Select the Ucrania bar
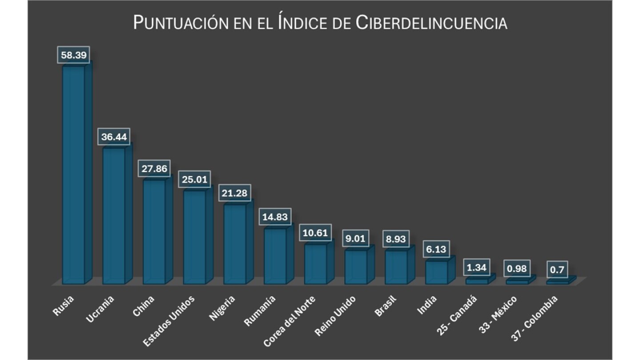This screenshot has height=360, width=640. (114, 216)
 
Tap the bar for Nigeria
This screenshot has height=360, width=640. (235, 244)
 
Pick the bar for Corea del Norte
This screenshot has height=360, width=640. (316, 264)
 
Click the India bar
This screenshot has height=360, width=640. (436, 272)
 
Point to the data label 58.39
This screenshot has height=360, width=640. (74, 55)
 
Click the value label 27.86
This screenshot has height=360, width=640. (154, 169)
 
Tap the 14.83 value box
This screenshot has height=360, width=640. (275, 217)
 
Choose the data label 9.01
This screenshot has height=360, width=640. (356, 239)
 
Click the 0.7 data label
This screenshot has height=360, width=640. (556, 269)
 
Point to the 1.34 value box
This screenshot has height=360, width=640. (476, 268)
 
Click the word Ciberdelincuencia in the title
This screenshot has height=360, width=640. (432, 23)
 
